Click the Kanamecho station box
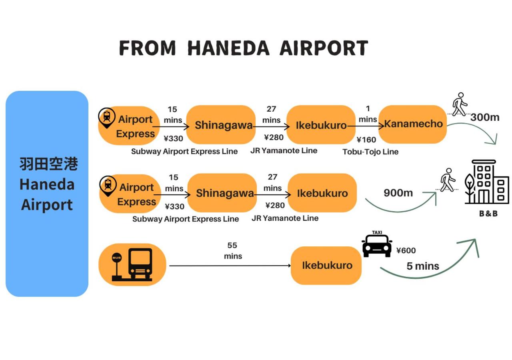coord(412,124)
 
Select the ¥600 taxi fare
coord(406,251)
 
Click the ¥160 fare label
coord(366,140)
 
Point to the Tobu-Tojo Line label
coord(370,152)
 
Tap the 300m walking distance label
coord(485,117)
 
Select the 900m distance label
coord(398,193)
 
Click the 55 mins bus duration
coord(233,250)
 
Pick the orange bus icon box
coord(132,264)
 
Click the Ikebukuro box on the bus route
coord(326,265)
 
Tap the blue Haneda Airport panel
coord(47,194)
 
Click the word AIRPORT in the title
coord(323,48)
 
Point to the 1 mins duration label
coord(368,114)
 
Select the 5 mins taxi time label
coord(423,266)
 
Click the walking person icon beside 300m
coord(459,104)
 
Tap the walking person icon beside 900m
coord(447,180)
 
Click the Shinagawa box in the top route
coord(221,125)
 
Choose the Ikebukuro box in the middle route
coord(322,193)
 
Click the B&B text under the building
coord(488,214)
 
